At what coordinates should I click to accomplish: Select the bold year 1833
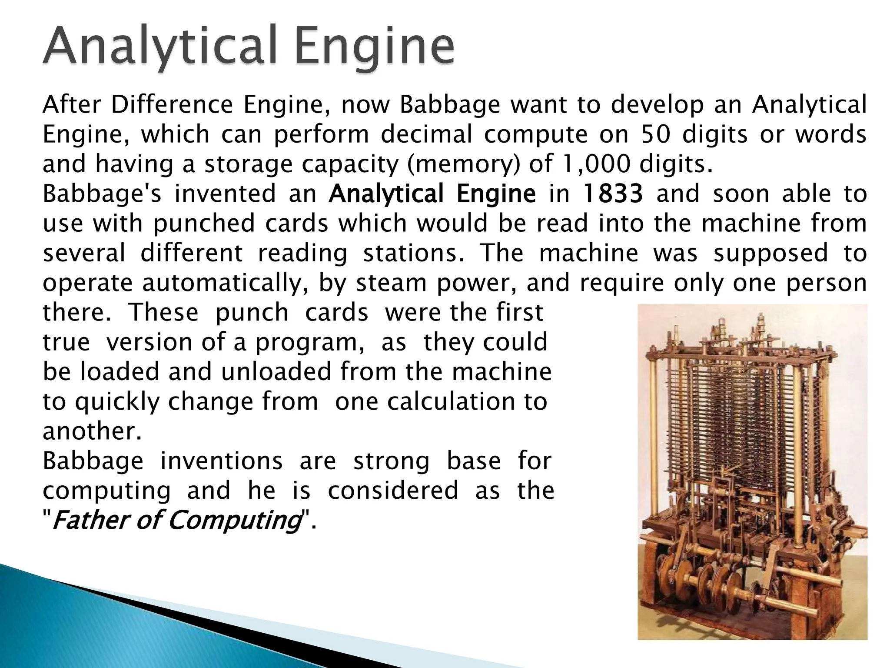(x=612, y=194)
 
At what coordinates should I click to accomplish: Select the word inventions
(x=222, y=461)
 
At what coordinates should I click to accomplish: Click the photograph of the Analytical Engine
(x=752, y=472)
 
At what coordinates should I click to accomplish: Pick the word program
(x=309, y=343)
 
